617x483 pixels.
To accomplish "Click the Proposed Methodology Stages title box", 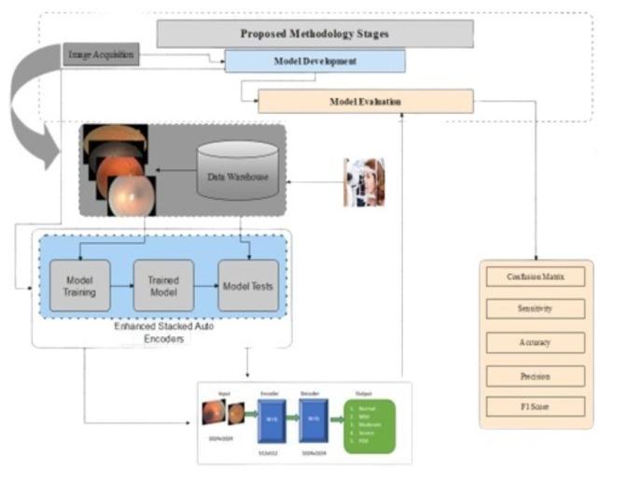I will click(x=314, y=34).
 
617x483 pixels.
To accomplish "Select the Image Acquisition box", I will click(x=102, y=55).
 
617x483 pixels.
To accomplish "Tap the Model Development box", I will click(x=315, y=61).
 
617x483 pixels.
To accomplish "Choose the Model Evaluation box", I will click(x=365, y=101).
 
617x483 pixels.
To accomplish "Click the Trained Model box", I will click(x=162, y=286).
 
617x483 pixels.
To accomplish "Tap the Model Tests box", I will click(x=247, y=286).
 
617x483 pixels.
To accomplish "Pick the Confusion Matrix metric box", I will click(x=536, y=277).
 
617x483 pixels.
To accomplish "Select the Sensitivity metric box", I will click(x=536, y=308).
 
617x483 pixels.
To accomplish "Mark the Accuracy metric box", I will click(x=536, y=342).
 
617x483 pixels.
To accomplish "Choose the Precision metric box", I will click(x=536, y=376).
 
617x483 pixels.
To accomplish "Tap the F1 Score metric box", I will click(x=536, y=406).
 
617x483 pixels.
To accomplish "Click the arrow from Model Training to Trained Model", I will click(x=121, y=286).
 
